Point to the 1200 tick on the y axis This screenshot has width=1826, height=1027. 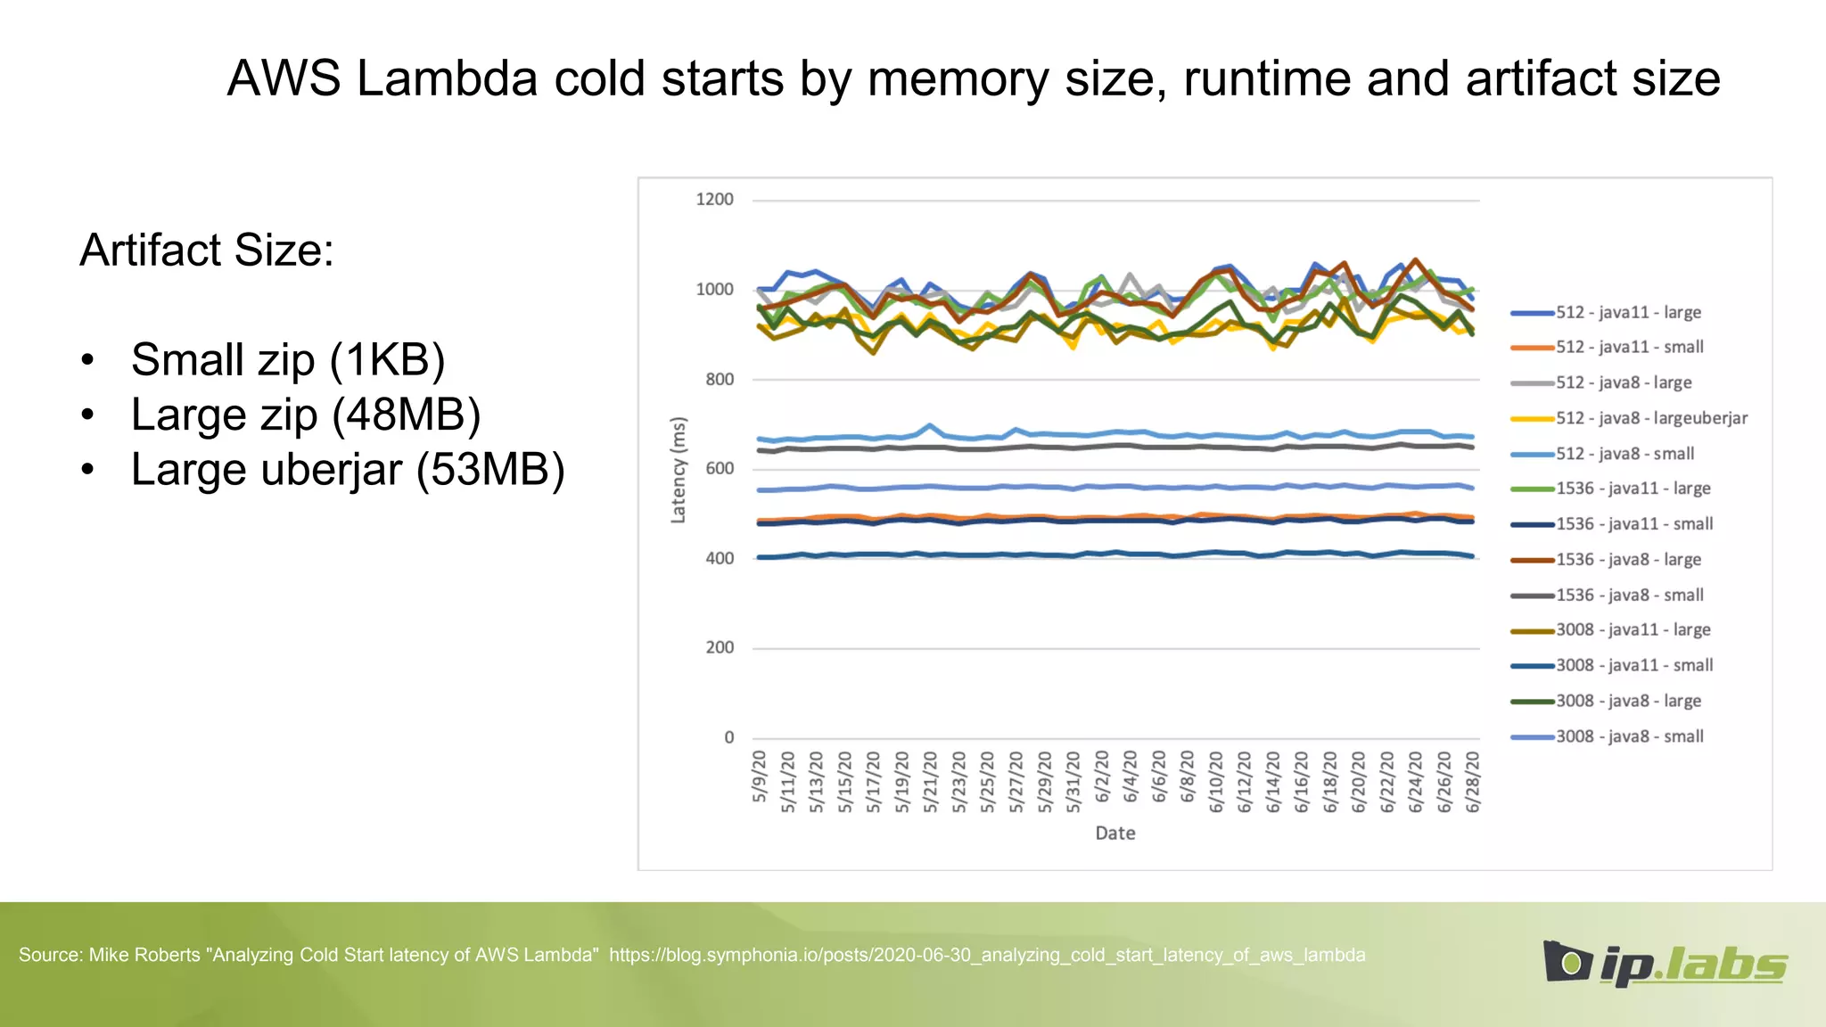[x=714, y=200]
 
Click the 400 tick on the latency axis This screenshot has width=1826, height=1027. [x=719, y=559]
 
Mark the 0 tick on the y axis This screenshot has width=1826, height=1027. [x=728, y=737]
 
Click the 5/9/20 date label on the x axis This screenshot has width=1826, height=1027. [x=760, y=776]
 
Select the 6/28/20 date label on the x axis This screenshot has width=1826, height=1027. [x=1473, y=781]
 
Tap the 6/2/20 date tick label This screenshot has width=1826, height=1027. [x=1102, y=776]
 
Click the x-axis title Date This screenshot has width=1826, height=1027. [x=1115, y=833]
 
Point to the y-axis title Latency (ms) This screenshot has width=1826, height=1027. [x=679, y=470]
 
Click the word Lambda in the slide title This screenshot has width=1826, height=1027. [x=448, y=78]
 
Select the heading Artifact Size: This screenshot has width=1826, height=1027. [x=207, y=250]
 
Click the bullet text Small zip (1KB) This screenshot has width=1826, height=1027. [x=287, y=359]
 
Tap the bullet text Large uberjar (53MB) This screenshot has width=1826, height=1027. [x=348, y=469]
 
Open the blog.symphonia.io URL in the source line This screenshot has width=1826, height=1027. [x=987, y=955]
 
